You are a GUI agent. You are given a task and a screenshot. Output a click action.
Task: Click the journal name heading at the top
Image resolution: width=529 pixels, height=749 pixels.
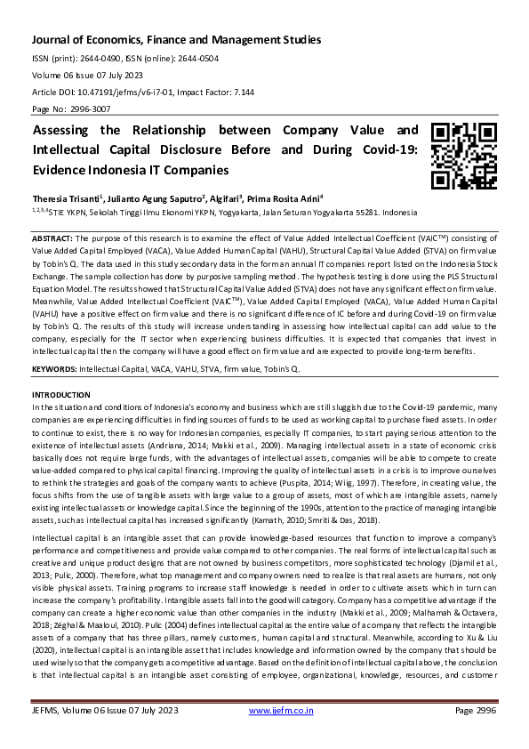tap(177, 40)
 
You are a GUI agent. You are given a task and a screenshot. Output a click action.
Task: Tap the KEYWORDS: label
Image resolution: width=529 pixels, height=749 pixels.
tap(54, 367)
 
